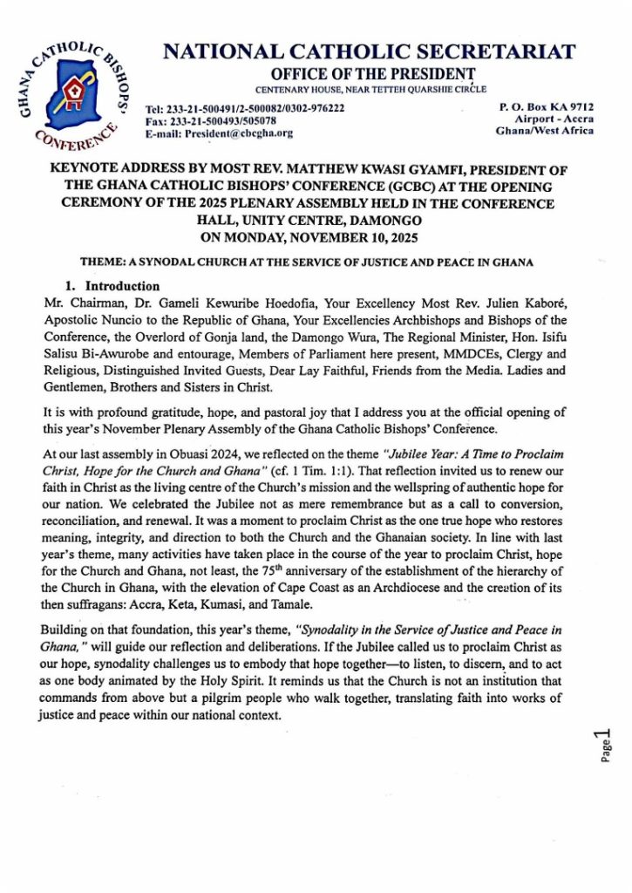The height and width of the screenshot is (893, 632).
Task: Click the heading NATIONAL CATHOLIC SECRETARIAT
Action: pos(370,51)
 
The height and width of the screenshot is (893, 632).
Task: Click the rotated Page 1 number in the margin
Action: pos(605,746)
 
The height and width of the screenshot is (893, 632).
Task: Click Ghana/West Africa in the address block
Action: pos(545,131)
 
